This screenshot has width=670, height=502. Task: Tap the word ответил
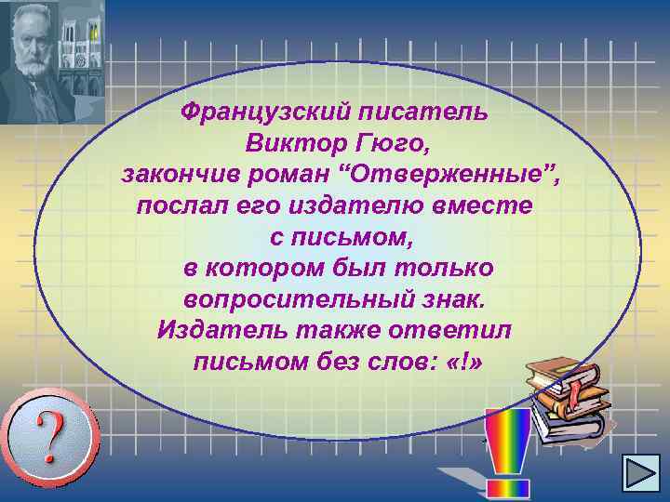click(464, 331)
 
